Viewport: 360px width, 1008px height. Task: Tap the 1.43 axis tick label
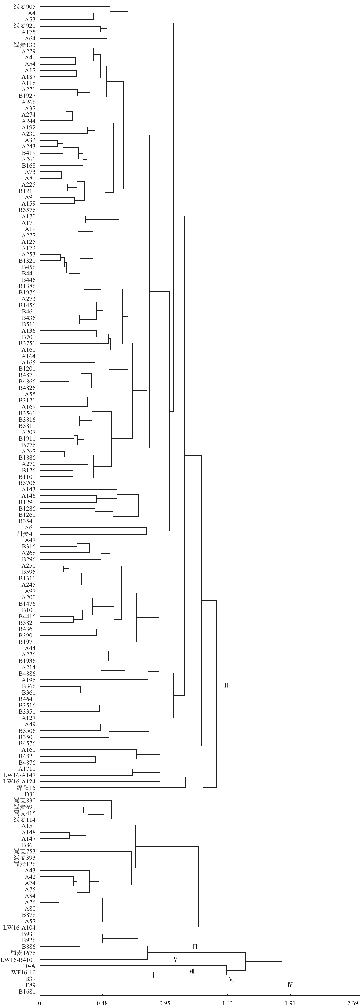point(227,1000)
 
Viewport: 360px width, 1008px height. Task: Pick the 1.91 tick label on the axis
point(290,1000)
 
